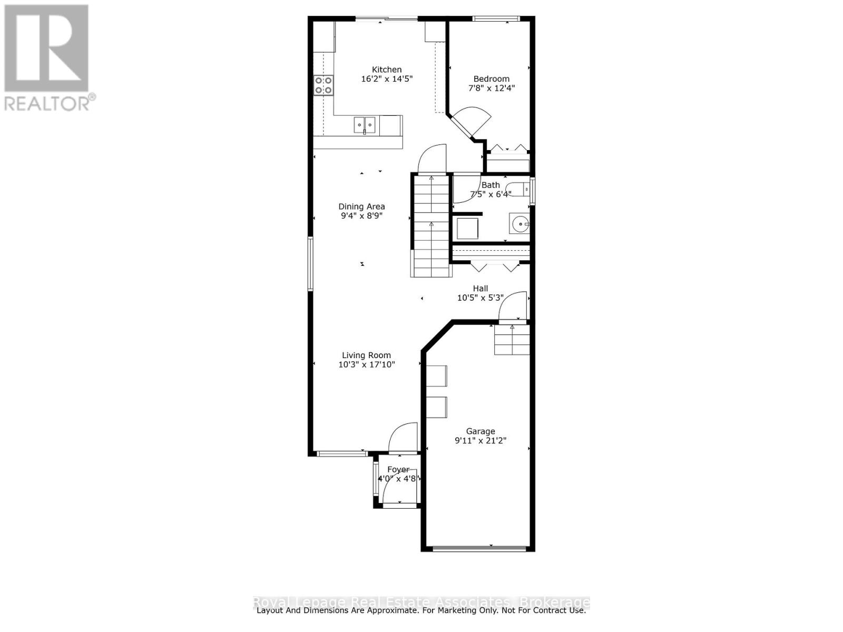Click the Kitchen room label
pyautogui.click(x=387, y=70)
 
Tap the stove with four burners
pyautogui.click(x=324, y=85)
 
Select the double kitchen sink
pyautogui.click(x=364, y=125)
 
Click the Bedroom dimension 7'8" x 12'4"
pyautogui.click(x=491, y=88)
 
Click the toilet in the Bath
pyautogui.click(x=518, y=188)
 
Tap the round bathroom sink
pyautogui.click(x=519, y=224)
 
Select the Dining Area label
pyautogui.click(x=361, y=206)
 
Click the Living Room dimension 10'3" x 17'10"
pyautogui.click(x=366, y=364)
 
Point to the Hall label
pyautogui.click(x=480, y=288)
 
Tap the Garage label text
pyautogui.click(x=480, y=431)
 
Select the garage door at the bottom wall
pyautogui.click(x=479, y=549)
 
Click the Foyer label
pyautogui.click(x=398, y=469)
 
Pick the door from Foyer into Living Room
pyautogui.click(x=403, y=438)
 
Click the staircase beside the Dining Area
pyautogui.click(x=432, y=226)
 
